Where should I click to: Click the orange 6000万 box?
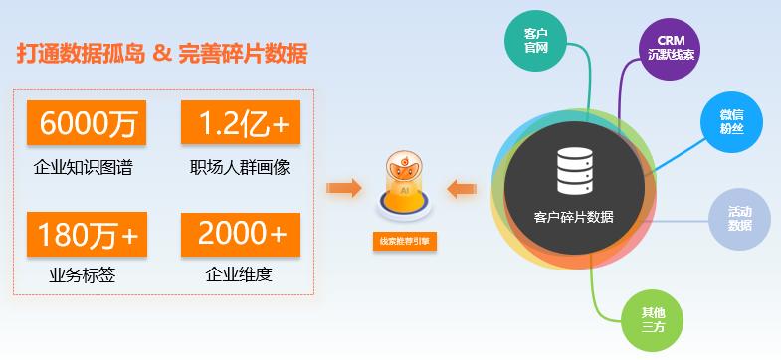click(88, 122)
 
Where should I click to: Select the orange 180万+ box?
click(88, 234)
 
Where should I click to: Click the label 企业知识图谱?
click(83, 167)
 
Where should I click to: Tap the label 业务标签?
click(83, 275)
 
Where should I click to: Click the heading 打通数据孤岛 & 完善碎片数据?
click(162, 54)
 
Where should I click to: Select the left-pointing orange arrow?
click(464, 187)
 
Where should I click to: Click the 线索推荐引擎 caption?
click(403, 241)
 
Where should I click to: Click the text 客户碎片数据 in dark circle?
click(574, 217)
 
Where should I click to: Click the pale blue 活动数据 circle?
click(739, 218)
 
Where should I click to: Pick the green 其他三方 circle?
click(652, 319)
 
